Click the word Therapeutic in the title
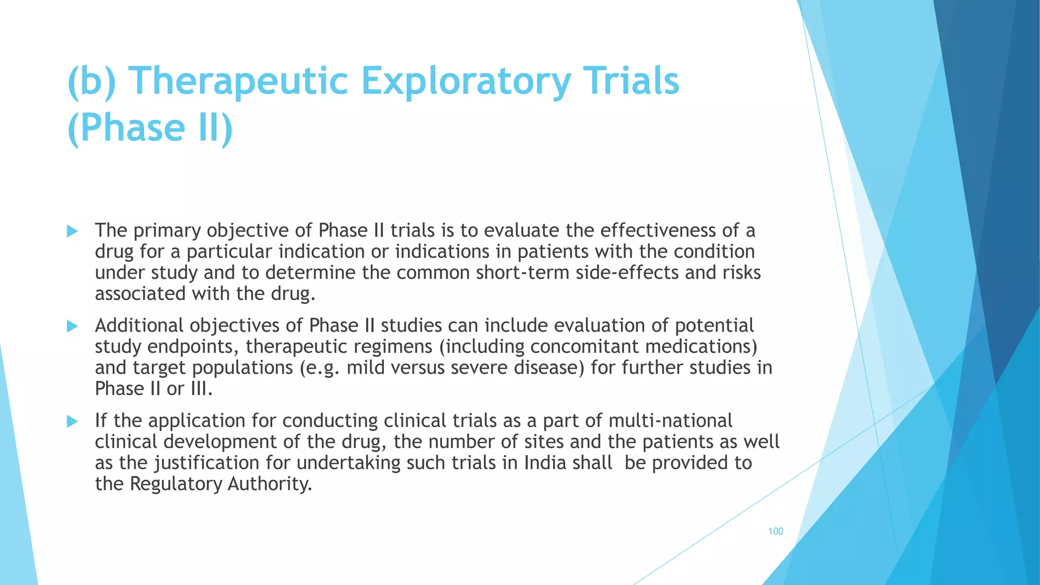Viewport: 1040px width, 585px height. click(x=239, y=81)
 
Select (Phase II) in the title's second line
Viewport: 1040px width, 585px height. click(x=150, y=128)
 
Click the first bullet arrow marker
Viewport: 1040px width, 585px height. click(x=72, y=232)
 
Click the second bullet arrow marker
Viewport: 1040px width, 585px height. click(x=72, y=327)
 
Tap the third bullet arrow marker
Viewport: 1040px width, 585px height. click(x=72, y=421)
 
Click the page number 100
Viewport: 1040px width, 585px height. click(x=775, y=531)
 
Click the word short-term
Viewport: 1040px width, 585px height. click(x=523, y=273)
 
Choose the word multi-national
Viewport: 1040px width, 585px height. click(x=670, y=421)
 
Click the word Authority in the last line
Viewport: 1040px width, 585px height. click(x=269, y=484)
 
